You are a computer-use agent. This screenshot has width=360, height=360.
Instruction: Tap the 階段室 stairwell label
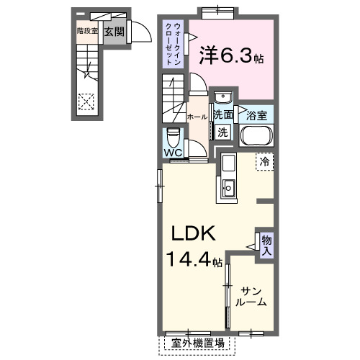[86, 31]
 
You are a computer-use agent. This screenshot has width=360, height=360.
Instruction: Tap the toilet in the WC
[173, 136]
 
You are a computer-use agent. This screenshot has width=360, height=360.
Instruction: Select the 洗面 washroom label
[222, 114]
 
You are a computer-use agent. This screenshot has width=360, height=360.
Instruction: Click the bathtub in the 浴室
[257, 137]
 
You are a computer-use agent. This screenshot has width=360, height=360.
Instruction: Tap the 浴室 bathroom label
[257, 114]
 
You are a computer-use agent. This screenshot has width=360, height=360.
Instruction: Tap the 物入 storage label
[266, 245]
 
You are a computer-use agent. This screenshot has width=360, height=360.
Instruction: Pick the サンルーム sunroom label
[253, 295]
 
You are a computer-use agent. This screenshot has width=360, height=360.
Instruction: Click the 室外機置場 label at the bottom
[198, 343]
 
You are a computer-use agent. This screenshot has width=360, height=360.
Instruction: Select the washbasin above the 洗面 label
[222, 98]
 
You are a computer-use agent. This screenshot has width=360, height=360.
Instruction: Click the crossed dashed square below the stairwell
[86, 102]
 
